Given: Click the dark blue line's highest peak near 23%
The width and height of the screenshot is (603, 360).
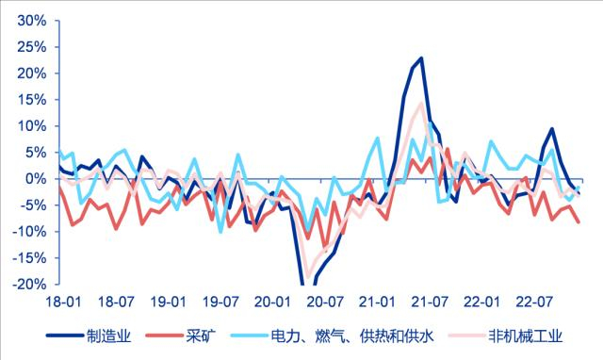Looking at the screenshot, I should [420, 58].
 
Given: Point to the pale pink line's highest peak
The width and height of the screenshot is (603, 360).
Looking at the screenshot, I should [420, 104].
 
